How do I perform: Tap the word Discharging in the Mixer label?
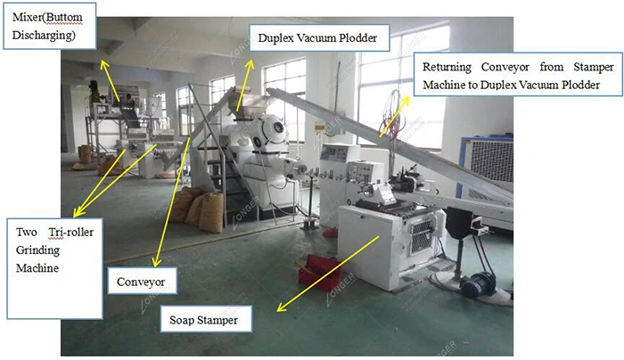pos(43,37)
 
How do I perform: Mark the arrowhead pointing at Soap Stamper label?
pos(279,309)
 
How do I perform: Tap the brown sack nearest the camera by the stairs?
pos(211,214)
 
